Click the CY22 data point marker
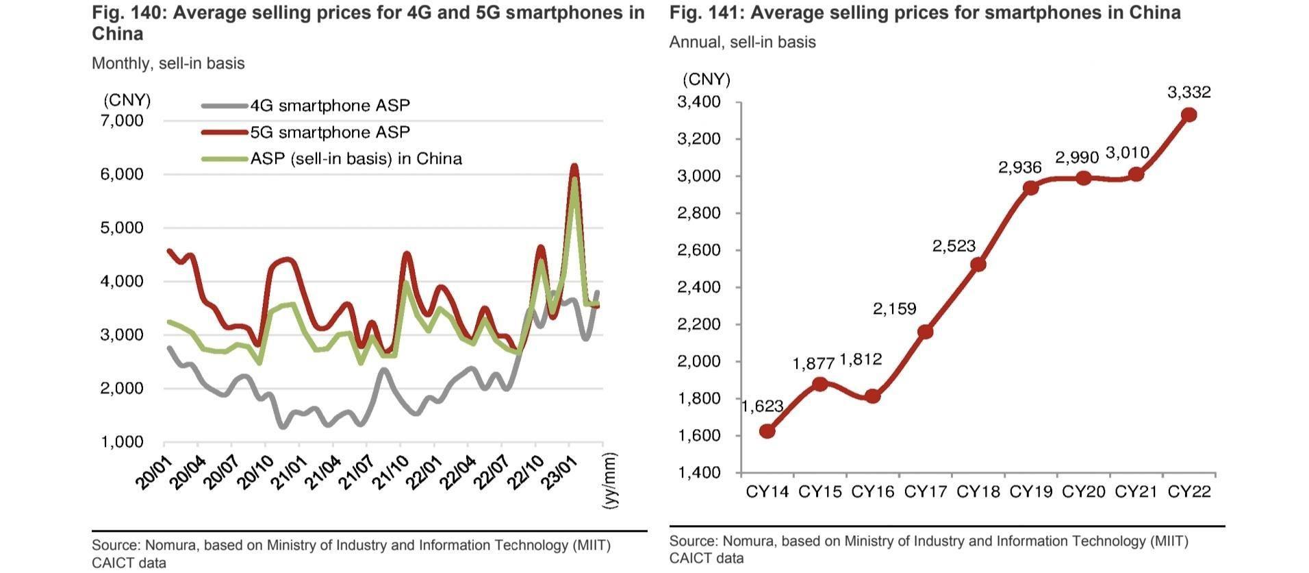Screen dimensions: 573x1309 click(x=1189, y=115)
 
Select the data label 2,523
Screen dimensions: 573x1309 click(x=954, y=246)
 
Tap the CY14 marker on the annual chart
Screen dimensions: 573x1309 click(x=767, y=431)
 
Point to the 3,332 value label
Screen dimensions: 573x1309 click(x=1189, y=92)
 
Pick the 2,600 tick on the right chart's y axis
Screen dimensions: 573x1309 click(x=698, y=250)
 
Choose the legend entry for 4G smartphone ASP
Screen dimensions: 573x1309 click(x=330, y=106)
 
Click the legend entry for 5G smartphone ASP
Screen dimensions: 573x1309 click(x=330, y=132)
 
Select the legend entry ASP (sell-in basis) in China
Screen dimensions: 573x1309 click(x=356, y=159)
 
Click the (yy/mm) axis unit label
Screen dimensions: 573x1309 click(x=609, y=480)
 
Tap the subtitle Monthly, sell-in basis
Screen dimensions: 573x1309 click(x=168, y=64)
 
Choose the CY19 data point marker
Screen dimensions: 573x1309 click(x=1031, y=187)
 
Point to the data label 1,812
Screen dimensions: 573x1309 click(x=861, y=359)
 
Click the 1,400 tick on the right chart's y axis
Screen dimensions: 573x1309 click(x=698, y=472)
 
